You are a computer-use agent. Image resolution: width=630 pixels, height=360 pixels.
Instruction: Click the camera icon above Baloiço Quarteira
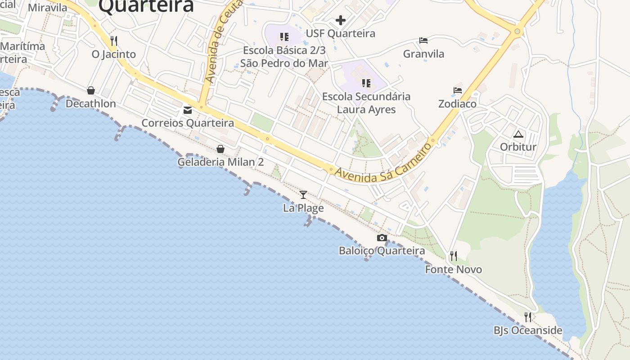coord(382,238)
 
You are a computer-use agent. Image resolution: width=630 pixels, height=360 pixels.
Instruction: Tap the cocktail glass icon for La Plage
coord(303,194)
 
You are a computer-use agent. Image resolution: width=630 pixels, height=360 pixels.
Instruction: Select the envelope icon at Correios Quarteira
coord(187,110)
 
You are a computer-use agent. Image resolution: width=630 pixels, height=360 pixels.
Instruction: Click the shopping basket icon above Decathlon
coord(91,90)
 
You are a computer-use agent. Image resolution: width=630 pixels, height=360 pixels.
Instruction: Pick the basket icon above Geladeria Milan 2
coord(220,148)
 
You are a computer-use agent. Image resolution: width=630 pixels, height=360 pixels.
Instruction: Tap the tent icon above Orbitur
coord(518,134)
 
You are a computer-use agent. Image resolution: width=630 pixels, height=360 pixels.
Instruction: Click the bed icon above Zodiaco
coord(458,90)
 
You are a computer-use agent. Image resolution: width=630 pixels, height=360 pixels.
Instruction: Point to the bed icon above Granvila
coord(423,40)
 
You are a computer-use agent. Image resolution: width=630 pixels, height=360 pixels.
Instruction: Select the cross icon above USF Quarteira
coord(341,20)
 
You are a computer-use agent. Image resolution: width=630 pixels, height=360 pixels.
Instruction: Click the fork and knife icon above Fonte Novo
coord(454,256)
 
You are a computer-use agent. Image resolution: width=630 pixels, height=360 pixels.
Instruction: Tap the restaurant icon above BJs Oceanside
coord(528,317)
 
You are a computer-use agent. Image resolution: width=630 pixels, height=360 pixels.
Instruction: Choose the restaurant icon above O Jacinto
coord(114,41)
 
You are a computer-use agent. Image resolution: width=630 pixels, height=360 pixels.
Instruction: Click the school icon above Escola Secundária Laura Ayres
coord(366,83)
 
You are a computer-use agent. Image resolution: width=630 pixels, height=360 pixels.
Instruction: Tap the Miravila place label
coord(47,8)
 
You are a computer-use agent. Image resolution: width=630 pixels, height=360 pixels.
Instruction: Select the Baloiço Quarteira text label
coord(382,251)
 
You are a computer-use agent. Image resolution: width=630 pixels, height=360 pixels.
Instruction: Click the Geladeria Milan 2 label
coord(220,162)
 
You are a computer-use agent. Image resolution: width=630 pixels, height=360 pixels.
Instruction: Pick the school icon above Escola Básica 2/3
coord(284,37)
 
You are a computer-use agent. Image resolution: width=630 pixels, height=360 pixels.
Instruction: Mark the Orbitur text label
coord(518,147)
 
